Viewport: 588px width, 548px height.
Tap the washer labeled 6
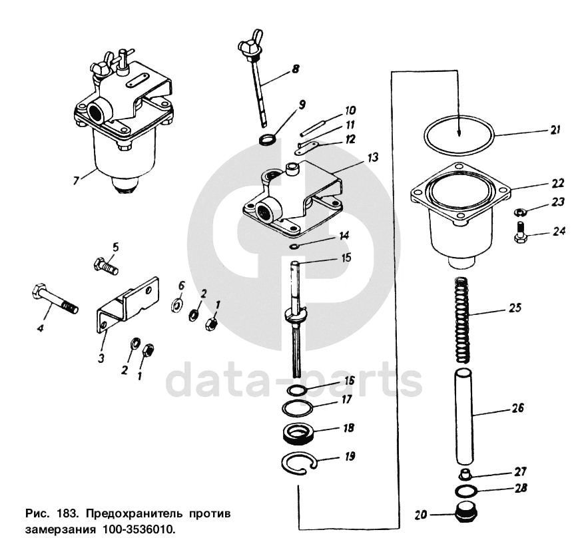177,305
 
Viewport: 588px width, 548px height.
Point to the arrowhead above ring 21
459,135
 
